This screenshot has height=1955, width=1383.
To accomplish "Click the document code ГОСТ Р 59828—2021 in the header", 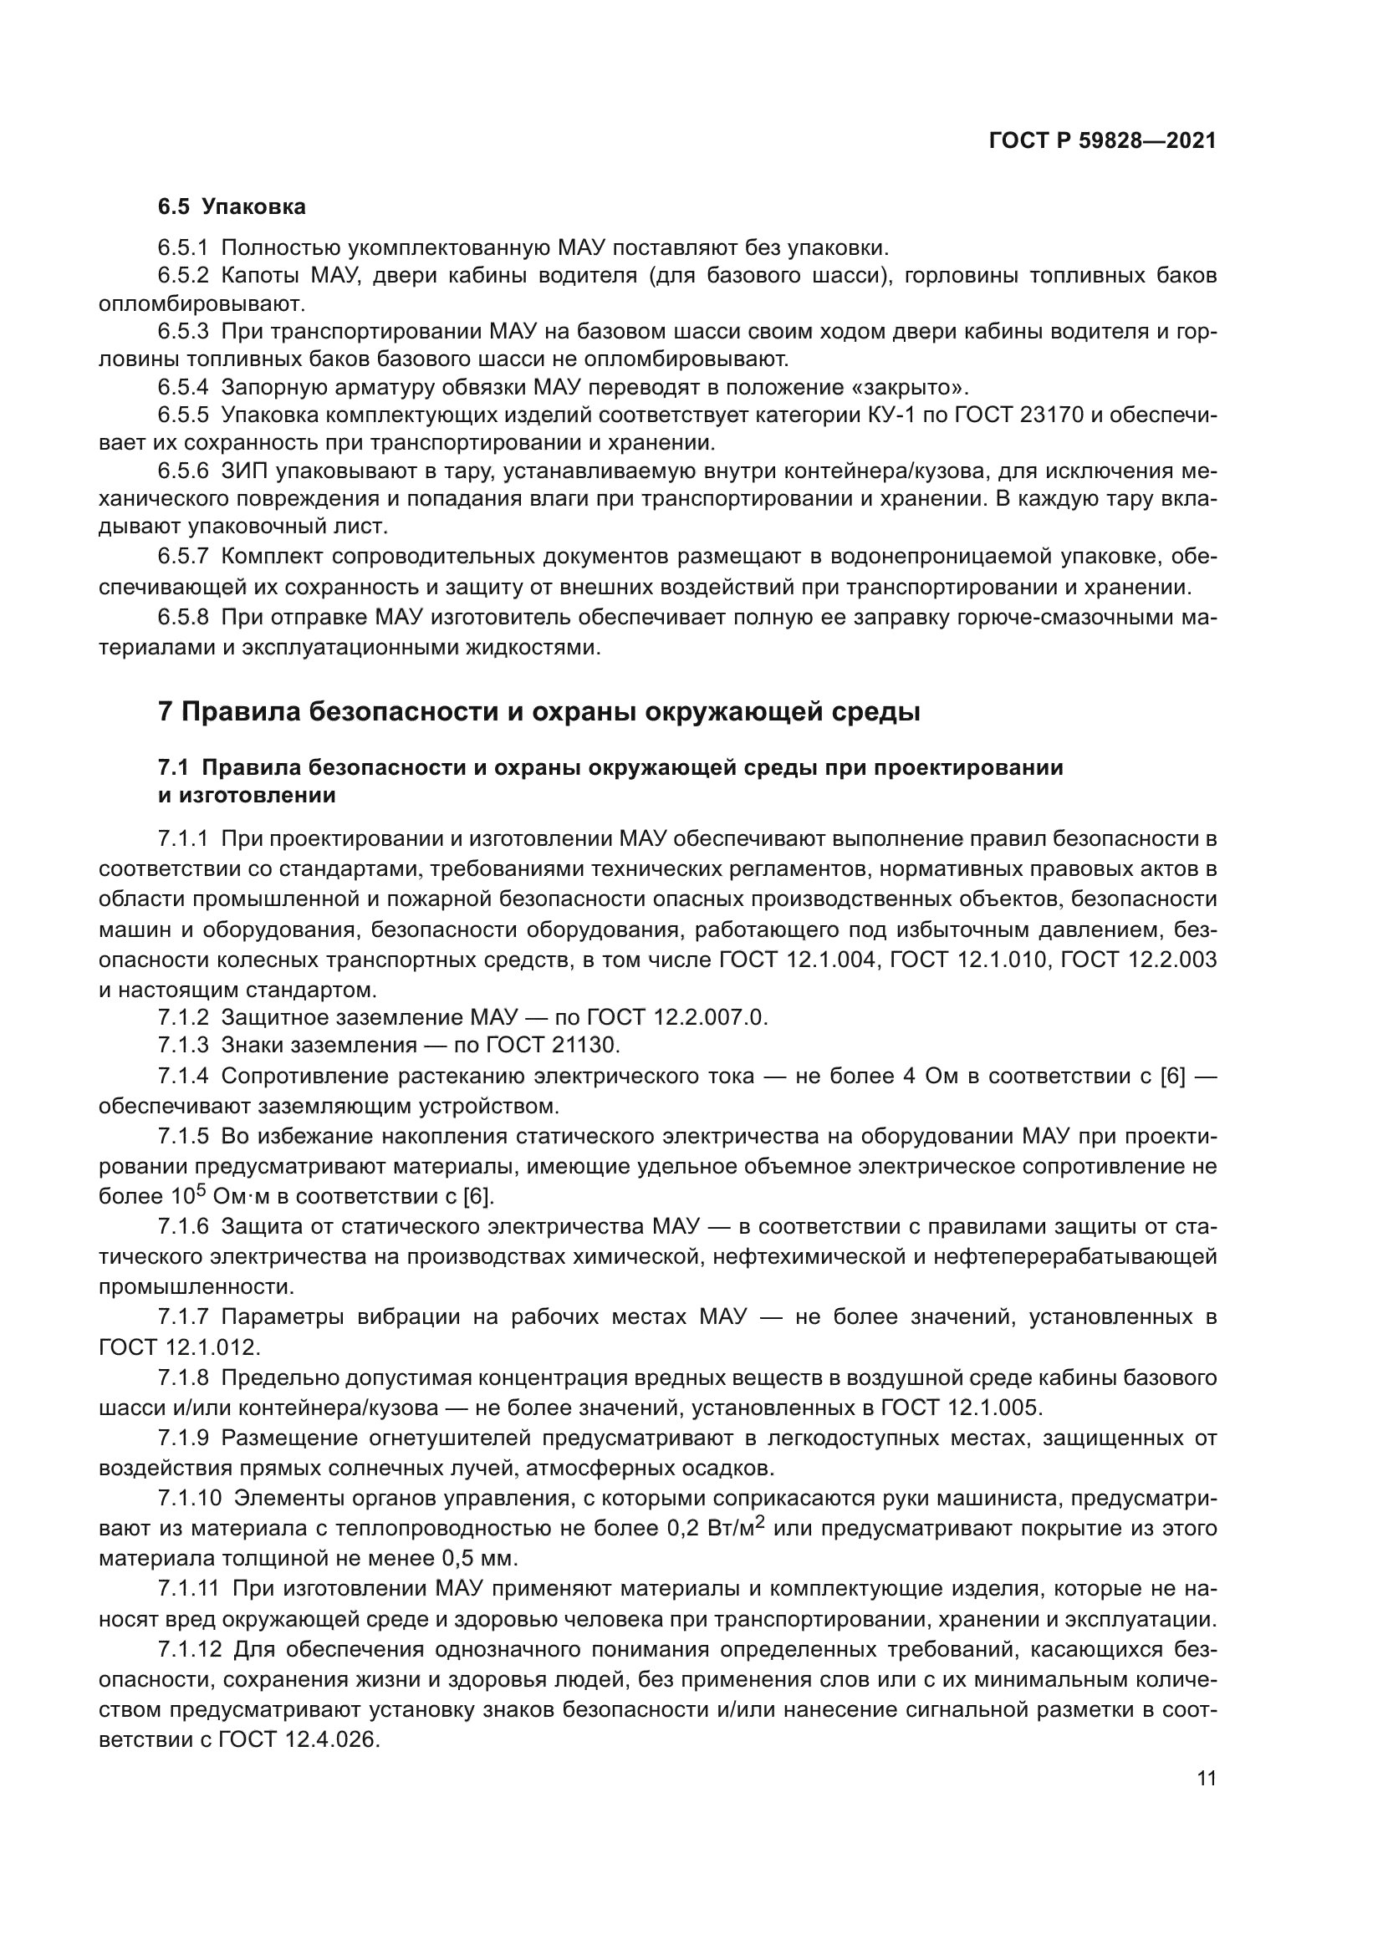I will pos(1103,141).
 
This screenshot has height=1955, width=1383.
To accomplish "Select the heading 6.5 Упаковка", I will pos(231,207).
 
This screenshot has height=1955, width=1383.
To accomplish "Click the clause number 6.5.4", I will pos(182,388).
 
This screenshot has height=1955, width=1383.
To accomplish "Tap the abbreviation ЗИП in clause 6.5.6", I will pos(243,471).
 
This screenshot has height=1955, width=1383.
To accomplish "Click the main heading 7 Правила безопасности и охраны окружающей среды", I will pos(538,711).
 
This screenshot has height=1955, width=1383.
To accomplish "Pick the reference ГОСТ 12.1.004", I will pos(797,960).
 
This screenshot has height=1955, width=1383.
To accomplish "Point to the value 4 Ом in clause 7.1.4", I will pos(919,1077).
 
